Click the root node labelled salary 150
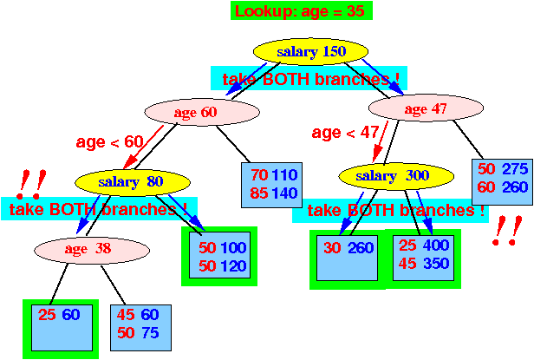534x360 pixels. click(x=310, y=51)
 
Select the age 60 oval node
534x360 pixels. click(x=202, y=112)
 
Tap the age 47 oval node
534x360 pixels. click(x=426, y=108)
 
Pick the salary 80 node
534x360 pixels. click(x=133, y=182)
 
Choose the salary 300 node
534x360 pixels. click(x=396, y=176)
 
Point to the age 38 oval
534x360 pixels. click(x=92, y=250)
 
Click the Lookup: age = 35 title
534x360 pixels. click(x=302, y=10)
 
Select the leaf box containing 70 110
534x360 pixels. click(x=272, y=185)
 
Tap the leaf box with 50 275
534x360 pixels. click(x=502, y=182)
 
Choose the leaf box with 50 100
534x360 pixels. click(x=219, y=255)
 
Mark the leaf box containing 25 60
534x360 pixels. click(x=62, y=328)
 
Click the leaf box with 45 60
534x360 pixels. click(x=140, y=328)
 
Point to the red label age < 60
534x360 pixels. click(x=109, y=141)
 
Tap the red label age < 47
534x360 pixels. click(x=345, y=132)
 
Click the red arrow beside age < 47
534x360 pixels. click(x=381, y=141)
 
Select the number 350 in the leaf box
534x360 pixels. click(x=436, y=263)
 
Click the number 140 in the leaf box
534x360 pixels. click(x=285, y=193)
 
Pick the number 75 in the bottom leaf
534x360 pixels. click(x=150, y=333)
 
